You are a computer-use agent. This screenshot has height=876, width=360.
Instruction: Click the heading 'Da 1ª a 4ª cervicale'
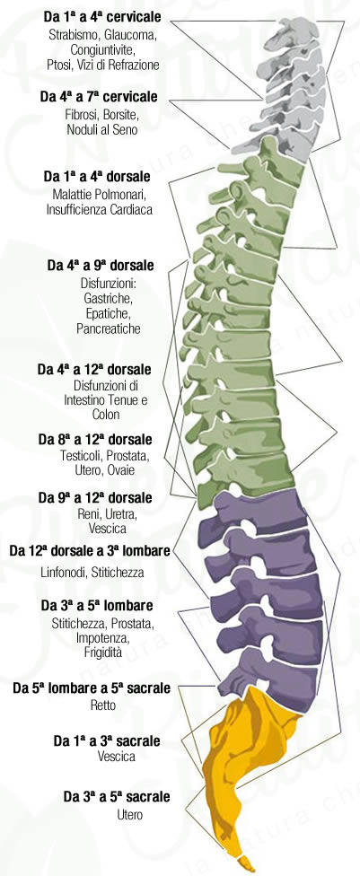click(x=102, y=17)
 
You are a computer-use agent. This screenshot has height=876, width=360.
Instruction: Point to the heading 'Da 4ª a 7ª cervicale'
click(x=99, y=97)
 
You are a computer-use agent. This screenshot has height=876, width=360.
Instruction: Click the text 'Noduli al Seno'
click(x=102, y=130)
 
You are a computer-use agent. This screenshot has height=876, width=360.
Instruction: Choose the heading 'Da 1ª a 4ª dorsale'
click(x=97, y=177)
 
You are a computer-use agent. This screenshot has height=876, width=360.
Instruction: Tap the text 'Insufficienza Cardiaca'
click(x=100, y=210)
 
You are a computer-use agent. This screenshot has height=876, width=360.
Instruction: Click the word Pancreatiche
click(x=109, y=328)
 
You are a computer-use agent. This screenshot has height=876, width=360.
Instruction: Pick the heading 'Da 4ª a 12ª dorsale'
click(x=94, y=370)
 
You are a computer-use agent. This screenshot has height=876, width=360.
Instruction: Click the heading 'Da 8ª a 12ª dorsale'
click(x=95, y=440)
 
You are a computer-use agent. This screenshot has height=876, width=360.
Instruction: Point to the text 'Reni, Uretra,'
click(x=106, y=512)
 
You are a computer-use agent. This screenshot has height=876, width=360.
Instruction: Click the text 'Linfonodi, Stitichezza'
click(x=92, y=572)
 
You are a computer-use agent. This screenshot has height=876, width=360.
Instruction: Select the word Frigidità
click(x=103, y=652)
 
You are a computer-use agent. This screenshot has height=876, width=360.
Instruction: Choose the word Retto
click(x=103, y=705)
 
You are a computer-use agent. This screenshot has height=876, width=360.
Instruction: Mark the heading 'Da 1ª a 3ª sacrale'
click(x=107, y=741)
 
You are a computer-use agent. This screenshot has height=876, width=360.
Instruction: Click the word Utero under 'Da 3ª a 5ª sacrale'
click(x=129, y=815)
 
